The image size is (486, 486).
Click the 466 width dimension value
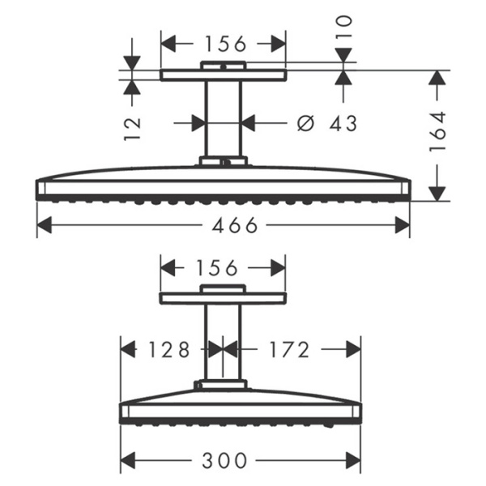point(223,226)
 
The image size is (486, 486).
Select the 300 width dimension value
point(224,460)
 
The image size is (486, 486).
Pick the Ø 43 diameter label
point(327,123)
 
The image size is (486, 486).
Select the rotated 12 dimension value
point(133,127)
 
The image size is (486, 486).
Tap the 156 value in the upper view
point(224,43)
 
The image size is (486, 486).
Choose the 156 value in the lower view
point(224,267)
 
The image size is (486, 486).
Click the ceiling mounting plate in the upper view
point(223,75)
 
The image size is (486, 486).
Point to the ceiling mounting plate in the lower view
point(223,298)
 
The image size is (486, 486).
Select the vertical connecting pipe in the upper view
point(223,117)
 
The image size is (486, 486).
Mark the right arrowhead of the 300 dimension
point(355,460)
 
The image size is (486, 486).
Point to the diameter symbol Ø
point(305,123)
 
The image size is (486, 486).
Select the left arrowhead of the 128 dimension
point(126,350)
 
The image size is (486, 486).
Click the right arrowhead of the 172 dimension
point(355,350)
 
